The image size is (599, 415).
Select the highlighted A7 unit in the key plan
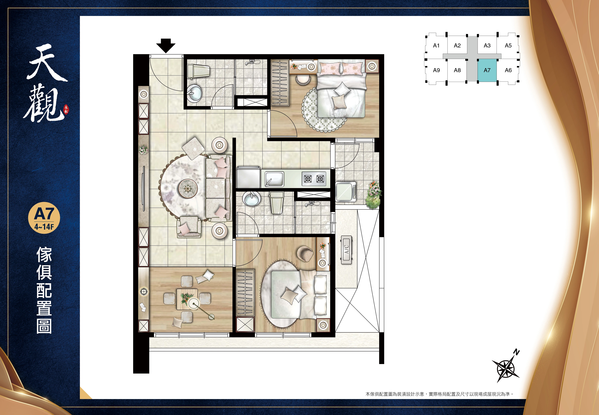tap(487, 70)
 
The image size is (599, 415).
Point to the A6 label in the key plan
tap(508, 70)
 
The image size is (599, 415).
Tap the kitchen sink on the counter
tap(274, 179)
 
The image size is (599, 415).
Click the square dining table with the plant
tap(187, 299)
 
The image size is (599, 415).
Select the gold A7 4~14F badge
tap(44, 218)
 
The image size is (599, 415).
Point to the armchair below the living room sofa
tap(189, 227)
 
